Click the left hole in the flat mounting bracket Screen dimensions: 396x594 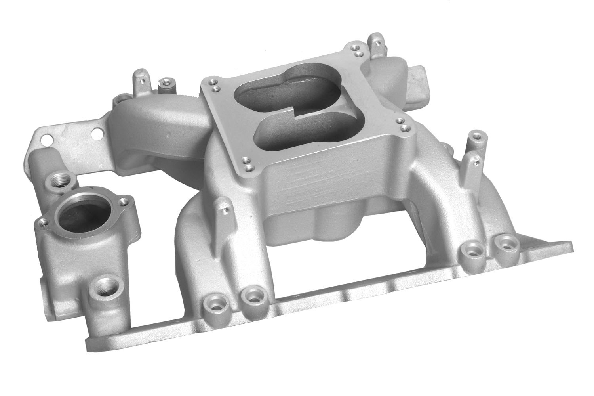point(48,139)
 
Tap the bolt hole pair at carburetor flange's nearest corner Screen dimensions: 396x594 point(249,164)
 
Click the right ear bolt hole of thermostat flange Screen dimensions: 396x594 point(123,200)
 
